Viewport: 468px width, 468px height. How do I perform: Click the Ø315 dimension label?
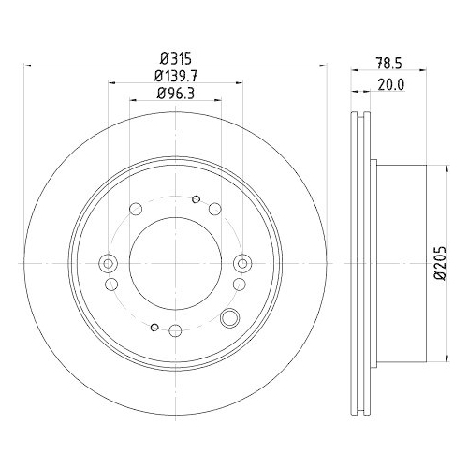175,59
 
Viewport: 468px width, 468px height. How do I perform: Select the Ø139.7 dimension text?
175,77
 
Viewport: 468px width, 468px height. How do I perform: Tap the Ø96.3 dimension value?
175,94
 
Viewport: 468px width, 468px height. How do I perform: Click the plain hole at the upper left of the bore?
137,207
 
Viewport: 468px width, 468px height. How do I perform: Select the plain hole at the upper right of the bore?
215,208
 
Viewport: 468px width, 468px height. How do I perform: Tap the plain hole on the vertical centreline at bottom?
175,329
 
